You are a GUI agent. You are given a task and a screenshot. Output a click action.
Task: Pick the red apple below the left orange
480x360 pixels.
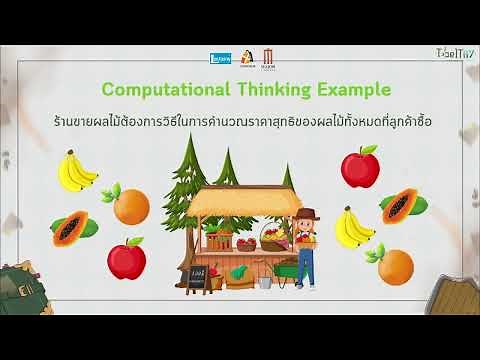[x=126, y=256]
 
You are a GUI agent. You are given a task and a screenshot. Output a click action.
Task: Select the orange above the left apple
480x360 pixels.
[x=130, y=205]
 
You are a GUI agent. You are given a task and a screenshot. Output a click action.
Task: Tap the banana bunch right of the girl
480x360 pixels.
[x=353, y=228]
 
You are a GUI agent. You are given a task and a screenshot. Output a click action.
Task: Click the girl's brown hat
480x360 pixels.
[x=306, y=213]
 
